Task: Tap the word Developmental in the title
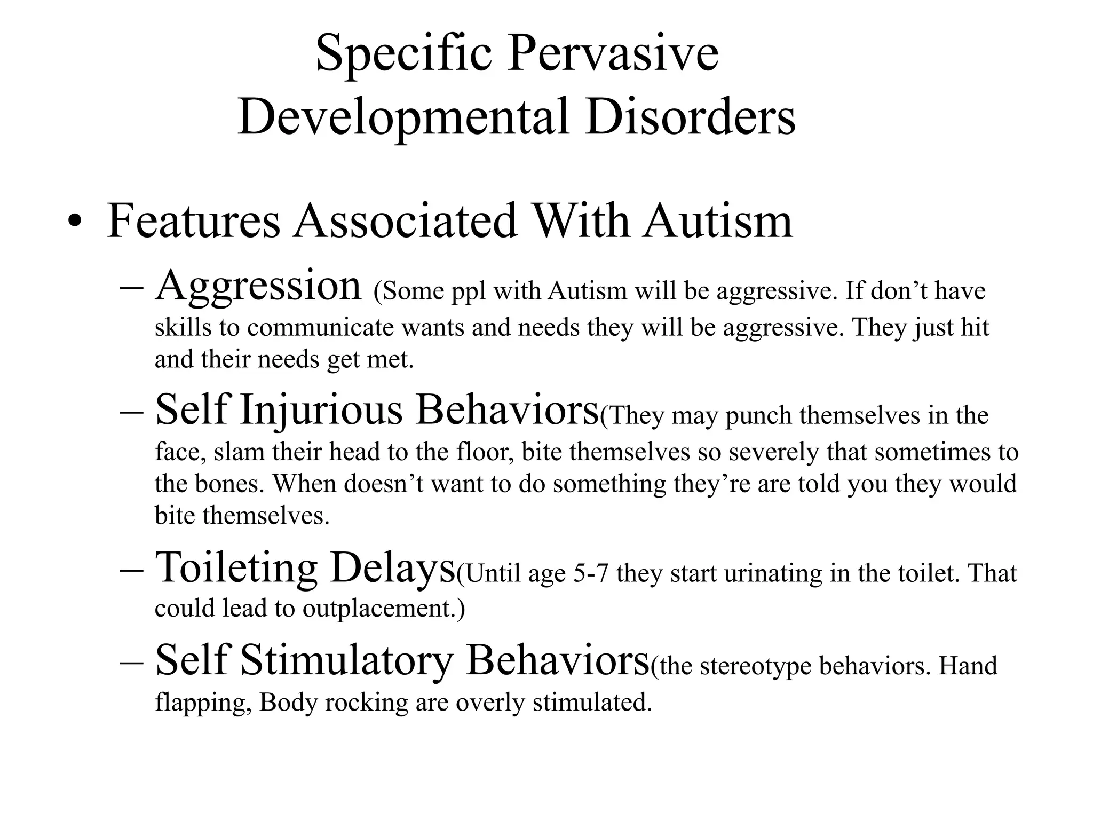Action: [x=403, y=117]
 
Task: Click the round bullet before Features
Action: [x=75, y=223]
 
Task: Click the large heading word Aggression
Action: [x=258, y=286]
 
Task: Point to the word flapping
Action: [x=203, y=703]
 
